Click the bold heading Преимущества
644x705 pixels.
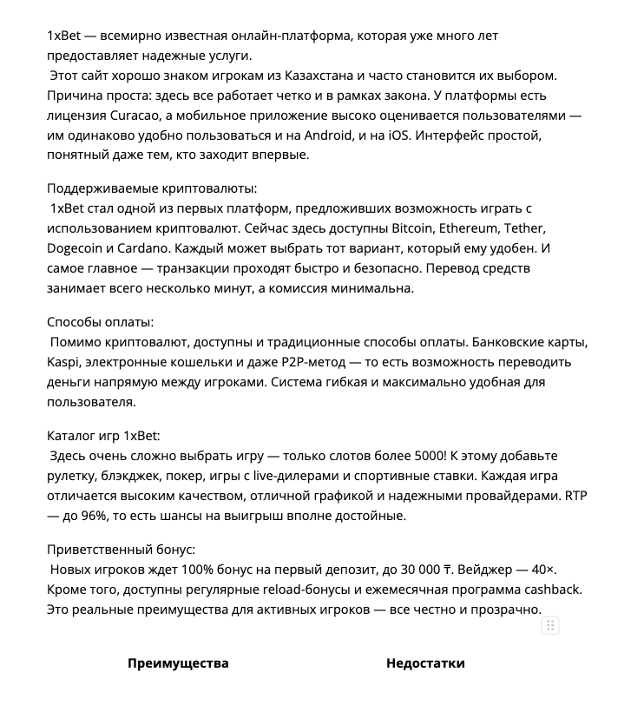pos(178,663)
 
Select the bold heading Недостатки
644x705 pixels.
pos(425,663)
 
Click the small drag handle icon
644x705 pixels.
pos(549,625)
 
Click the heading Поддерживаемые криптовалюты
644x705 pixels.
pos(152,188)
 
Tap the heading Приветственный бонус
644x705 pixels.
pos(121,550)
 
